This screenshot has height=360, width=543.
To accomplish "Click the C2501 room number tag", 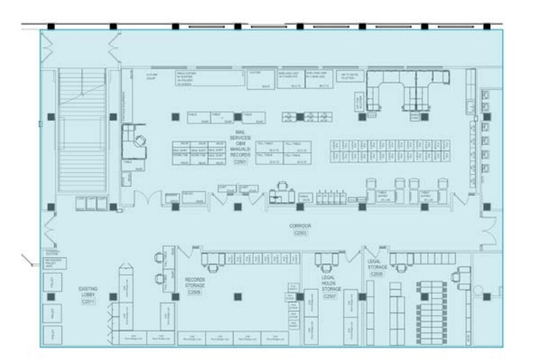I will [240, 161].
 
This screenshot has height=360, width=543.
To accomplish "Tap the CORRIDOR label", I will [299, 226].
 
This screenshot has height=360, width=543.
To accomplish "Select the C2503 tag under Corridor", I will [299, 233].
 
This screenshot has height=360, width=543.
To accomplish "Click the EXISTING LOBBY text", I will [88, 292].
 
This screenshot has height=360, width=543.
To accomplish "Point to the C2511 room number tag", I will [88, 302].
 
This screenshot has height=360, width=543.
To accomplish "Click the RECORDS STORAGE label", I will [195, 282].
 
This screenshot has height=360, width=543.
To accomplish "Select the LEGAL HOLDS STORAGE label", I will [331, 284].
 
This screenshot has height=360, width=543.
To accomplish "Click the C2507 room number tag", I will [331, 296].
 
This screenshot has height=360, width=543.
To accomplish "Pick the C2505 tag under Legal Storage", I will [377, 273].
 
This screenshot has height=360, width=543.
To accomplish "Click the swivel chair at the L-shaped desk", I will [139, 142].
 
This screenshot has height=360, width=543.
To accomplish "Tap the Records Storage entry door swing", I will [187, 252].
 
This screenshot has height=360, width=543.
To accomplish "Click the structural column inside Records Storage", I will [238, 296].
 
